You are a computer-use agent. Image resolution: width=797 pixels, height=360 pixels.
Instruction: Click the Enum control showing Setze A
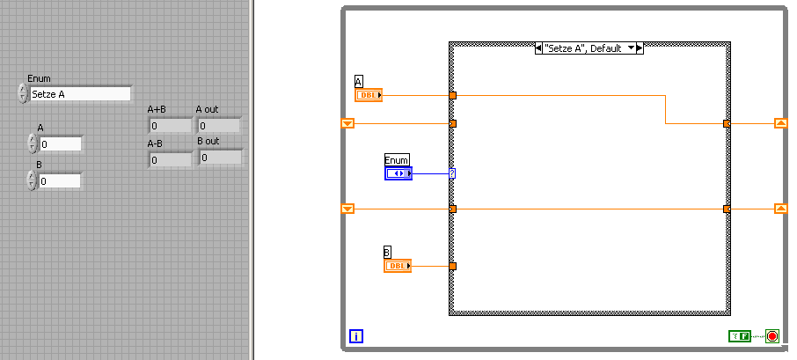tap(80, 94)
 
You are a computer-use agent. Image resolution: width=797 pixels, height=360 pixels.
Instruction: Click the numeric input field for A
tap(60, 144)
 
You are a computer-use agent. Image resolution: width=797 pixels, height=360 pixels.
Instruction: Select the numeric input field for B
tap(60, 181)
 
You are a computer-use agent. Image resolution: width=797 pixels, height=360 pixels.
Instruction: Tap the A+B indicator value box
tap(171, 126)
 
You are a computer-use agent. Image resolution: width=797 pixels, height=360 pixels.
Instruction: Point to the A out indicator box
tap(219, 126)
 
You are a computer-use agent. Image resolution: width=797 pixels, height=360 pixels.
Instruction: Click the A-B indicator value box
tap(171, 160)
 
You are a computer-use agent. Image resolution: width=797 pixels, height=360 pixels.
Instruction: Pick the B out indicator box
tap(221, 158)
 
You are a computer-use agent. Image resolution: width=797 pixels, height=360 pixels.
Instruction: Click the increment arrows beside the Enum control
tap(23, 94)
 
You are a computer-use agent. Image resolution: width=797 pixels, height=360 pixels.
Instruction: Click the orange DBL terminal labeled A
tap(369, 95)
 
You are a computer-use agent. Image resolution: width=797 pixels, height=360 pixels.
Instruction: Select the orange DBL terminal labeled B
tap(398, 266)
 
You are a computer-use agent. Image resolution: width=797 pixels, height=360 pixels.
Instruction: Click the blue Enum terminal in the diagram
tap(398, 174)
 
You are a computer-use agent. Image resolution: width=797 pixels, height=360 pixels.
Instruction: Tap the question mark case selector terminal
tap(452, 174)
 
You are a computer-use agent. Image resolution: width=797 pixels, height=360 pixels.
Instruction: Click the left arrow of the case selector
tap(538, 48)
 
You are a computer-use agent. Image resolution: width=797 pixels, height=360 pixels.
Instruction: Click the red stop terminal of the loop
tap(772, 336)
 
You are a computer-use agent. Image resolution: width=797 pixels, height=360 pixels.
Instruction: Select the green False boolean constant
tap(740, 336)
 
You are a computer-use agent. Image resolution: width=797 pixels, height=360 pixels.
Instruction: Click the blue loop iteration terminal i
tap(356, 336)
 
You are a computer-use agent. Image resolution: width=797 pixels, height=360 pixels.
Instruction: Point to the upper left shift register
tap(347, 123)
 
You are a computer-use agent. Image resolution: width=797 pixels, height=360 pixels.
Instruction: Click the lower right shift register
tap(781, 209)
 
